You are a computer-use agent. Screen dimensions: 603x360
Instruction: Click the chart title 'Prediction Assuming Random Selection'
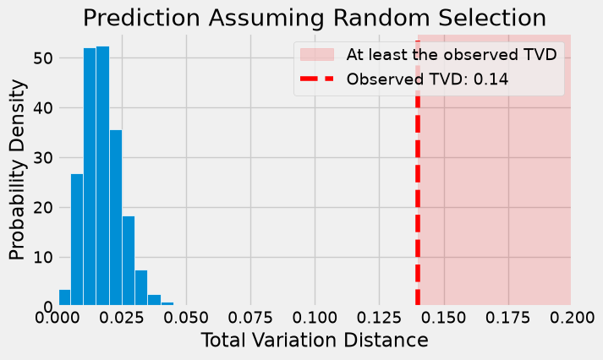click(315, 18)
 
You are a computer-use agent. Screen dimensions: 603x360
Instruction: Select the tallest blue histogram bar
click(102, 176)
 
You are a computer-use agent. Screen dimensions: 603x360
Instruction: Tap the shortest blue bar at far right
click(167, 303)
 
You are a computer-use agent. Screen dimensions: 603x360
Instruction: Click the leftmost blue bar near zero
click(64, 297)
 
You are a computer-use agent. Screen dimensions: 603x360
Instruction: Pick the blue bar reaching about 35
click(116, 217)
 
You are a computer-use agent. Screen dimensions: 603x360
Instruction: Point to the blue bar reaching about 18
click(129, 260)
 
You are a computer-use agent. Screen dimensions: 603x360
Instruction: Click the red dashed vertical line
click(418, 173)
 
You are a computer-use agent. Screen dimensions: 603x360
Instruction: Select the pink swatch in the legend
click(317, 55)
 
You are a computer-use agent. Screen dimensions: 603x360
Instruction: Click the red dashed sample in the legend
click(317, 79)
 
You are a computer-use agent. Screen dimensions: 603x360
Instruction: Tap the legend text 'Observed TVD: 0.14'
click(427, 79)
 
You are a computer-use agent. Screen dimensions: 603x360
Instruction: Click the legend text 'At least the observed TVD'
click(452, 55)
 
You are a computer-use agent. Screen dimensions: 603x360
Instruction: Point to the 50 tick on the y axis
click(42, 58)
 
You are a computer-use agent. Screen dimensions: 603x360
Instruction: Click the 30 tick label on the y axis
click(42, 157)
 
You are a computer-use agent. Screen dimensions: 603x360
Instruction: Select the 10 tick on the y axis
click(42, 257)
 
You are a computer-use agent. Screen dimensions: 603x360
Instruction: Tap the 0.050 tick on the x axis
click(186, 318)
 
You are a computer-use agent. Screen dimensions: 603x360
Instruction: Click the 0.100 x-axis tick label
click(315, 318)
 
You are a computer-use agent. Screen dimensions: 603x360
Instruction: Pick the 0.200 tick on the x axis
click(572, 318)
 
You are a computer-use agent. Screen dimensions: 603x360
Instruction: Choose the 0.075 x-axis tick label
click(250, 318)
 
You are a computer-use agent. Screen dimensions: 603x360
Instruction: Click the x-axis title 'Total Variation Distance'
click(315, 341)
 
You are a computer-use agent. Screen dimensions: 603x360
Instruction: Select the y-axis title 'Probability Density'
click(17, 170)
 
